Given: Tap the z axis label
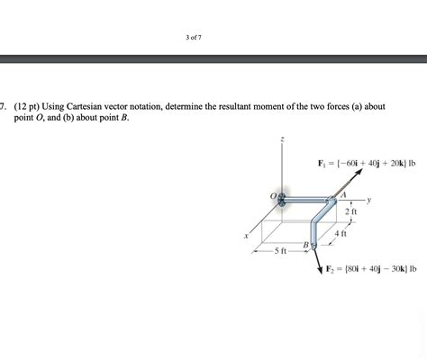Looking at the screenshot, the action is point(283,139).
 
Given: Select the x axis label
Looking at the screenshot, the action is point(244,238).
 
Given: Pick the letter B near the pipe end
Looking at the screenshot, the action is point(304,246).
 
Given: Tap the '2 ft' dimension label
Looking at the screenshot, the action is point(350,211).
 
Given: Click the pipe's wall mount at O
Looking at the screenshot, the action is point(282,199).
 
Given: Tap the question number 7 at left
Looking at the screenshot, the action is point(4,106).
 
